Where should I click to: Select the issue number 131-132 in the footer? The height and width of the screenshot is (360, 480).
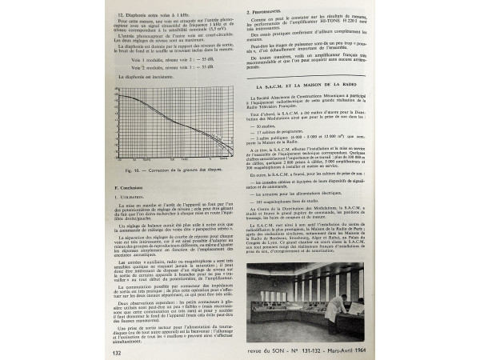(328, 348)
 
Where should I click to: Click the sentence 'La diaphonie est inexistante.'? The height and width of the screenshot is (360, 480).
(147, 78)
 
